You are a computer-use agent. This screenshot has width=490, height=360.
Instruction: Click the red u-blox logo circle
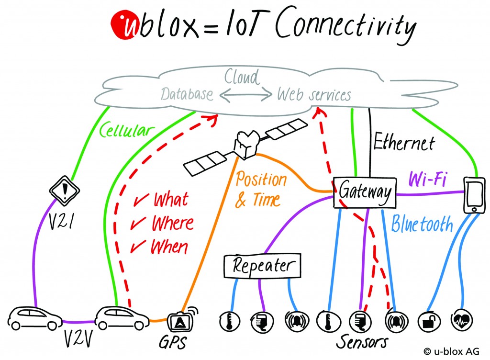coord(123,24)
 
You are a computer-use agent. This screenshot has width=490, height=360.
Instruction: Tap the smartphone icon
coord(474,195)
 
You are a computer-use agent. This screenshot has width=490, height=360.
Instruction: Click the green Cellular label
coord(127,130)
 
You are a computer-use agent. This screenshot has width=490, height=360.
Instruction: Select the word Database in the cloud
coord(187,94)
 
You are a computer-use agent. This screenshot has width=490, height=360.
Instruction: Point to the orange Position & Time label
coord(260,190)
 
